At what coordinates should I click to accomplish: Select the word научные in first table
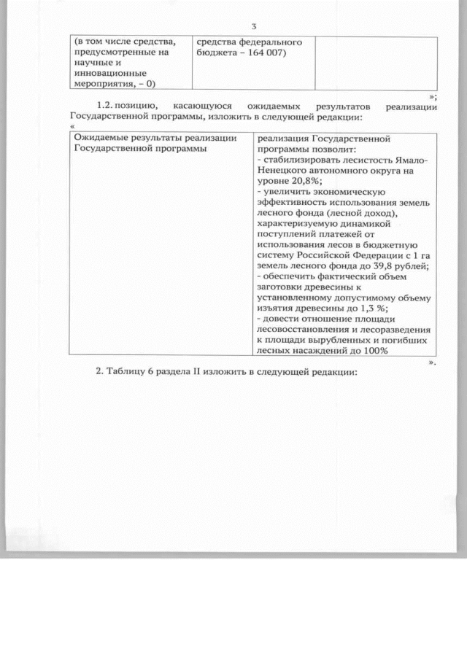click(93, 63)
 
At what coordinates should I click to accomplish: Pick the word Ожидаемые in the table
click(101, 138)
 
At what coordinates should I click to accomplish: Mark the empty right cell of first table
click(374, 63)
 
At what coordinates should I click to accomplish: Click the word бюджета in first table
click(217, 53)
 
